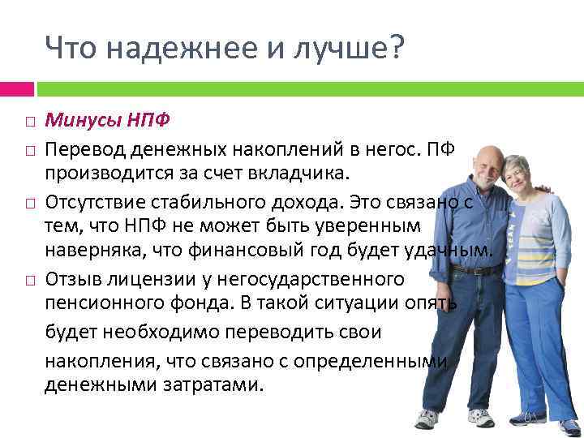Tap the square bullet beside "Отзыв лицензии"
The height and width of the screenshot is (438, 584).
29,279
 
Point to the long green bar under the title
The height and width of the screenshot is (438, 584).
308,88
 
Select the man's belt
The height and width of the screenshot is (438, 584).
477,269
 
